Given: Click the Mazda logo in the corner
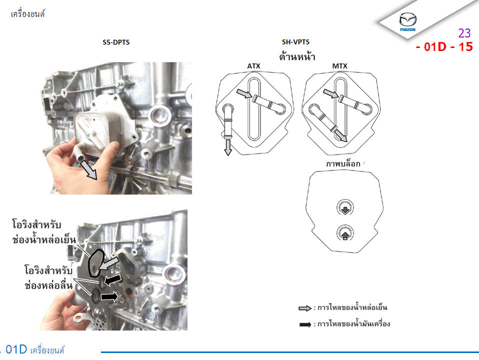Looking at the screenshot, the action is click(x=408, y=21).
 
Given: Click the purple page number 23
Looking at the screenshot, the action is click(x=464, y=32).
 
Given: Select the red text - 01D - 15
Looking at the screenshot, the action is click(x=444, y=47).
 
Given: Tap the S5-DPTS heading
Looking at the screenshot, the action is click(x=116, y=42).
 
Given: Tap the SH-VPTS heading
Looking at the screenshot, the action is click(x=295, y=42).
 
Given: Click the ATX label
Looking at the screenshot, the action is click(x=253, y=66).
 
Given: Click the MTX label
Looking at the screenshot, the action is click(x=339, y=66).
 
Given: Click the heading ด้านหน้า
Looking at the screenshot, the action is click(x=297, y=56).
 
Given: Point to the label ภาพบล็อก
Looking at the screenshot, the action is click(x=343, y=164).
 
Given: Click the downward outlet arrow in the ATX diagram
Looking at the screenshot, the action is click(x=228, y=147).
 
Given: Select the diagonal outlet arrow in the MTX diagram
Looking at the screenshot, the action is click(x=341, y=135).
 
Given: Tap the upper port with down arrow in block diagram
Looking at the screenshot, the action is click(x=345, y=208).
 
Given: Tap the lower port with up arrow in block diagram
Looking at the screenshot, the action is click(x=345, y=233).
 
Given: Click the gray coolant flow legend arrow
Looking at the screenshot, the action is click(x=305, y=308).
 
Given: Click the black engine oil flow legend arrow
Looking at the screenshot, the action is click(x=305, y=324).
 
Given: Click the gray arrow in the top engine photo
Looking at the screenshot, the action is click(x=88, y=170).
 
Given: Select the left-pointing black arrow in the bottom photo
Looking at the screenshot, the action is click(x=112, y=279).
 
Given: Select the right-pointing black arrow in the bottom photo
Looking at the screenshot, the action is click(x=109, y=296).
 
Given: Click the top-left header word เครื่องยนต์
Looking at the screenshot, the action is click(x=28, y=14).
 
